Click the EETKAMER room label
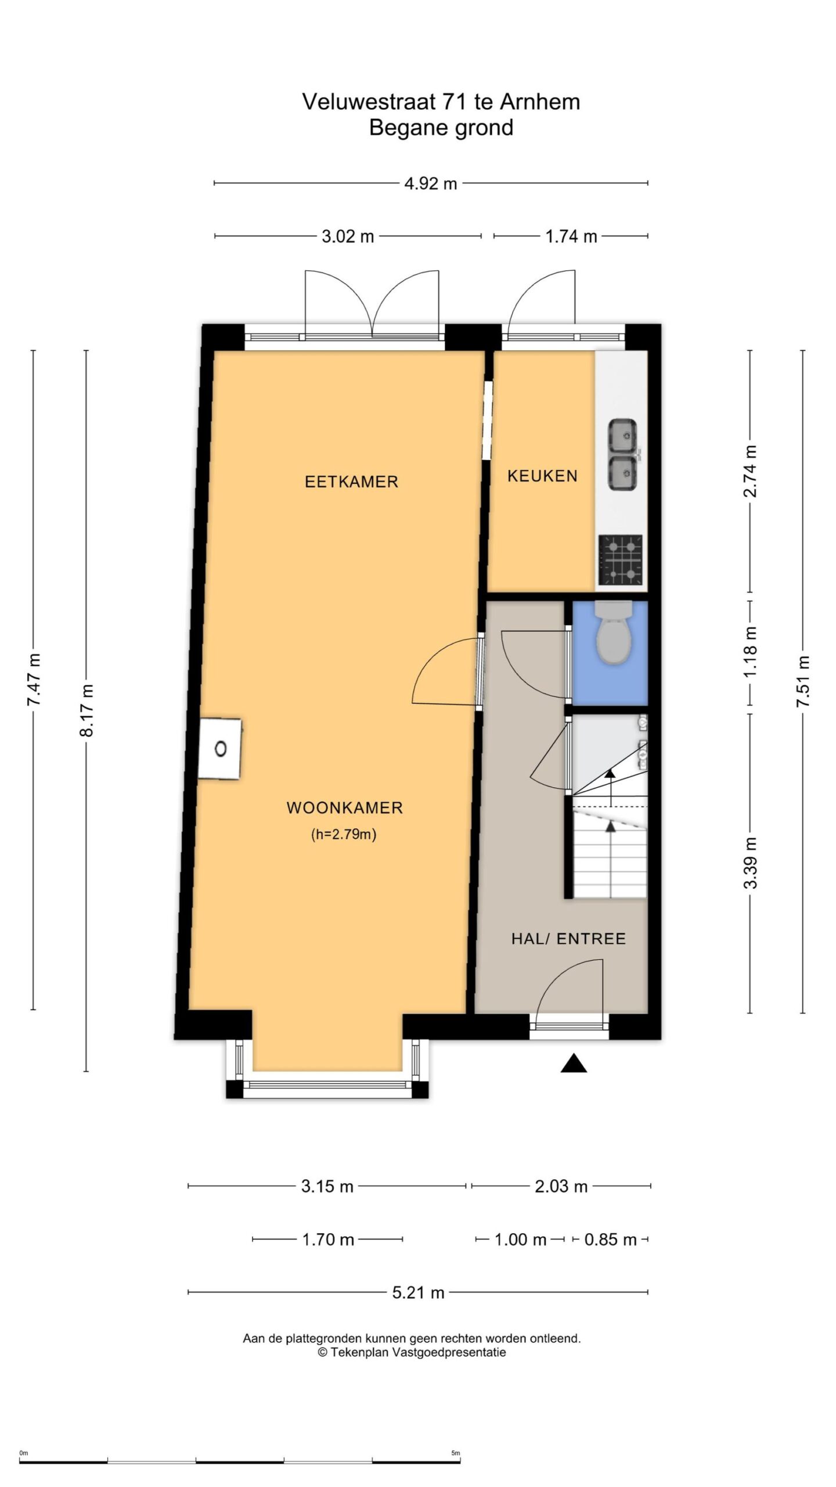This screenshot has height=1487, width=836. pos(351,482)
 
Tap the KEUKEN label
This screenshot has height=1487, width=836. pos(542,476)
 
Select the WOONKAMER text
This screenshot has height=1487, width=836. pos(345,807)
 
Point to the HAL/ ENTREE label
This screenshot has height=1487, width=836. pos(568,939)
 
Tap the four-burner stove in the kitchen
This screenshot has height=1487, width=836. pos(621,560)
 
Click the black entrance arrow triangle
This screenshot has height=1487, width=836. pos(574,1063)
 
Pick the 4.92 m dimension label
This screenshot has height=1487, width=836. pos(431,184)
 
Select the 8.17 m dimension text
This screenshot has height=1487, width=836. pos(87,710)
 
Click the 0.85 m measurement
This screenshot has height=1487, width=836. pos(611,1240)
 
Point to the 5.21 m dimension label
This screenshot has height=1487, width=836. pos(418,1293)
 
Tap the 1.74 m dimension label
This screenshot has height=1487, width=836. pos(571,236)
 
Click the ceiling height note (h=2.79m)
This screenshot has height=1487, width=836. pos(344,835)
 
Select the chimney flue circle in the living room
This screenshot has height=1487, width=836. pos(221,749)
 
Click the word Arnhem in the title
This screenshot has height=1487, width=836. pos(540,102)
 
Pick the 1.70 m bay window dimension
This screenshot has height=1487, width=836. pos(328,1240)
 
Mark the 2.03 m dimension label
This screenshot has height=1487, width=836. pos(561,1186)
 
